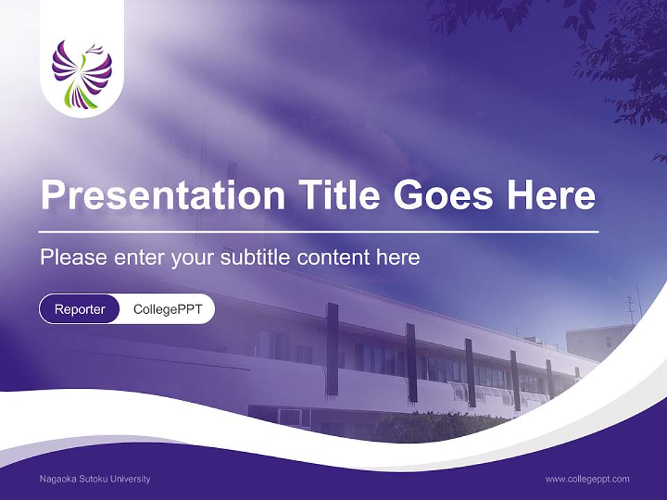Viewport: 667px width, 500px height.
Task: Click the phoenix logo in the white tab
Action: [82, 74]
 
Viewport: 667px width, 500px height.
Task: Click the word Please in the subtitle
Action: [74, 258]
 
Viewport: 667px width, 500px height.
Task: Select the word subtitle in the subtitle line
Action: [255, 258]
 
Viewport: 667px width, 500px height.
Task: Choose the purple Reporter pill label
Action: [80, 309]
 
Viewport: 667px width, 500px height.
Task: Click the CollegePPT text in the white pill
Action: [167, 309]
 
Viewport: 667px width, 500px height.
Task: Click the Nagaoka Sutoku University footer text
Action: [94, 479]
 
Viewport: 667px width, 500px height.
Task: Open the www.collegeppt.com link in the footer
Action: [587, 479]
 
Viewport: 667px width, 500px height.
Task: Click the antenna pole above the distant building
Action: [631, 310]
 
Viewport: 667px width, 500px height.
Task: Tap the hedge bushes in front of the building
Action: [438, 427]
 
